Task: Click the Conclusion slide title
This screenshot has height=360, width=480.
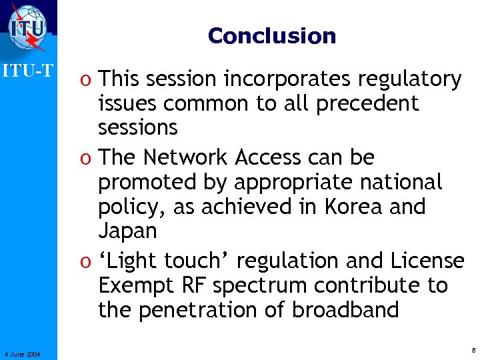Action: coord(271,35)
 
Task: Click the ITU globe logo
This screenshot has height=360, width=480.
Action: coord(28,27)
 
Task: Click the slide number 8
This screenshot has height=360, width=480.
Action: coord(472,349)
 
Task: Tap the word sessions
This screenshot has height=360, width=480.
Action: coord(137,128)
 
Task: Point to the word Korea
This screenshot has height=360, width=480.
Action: coord(347,207)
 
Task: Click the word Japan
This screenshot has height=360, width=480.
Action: coord(127,231)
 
